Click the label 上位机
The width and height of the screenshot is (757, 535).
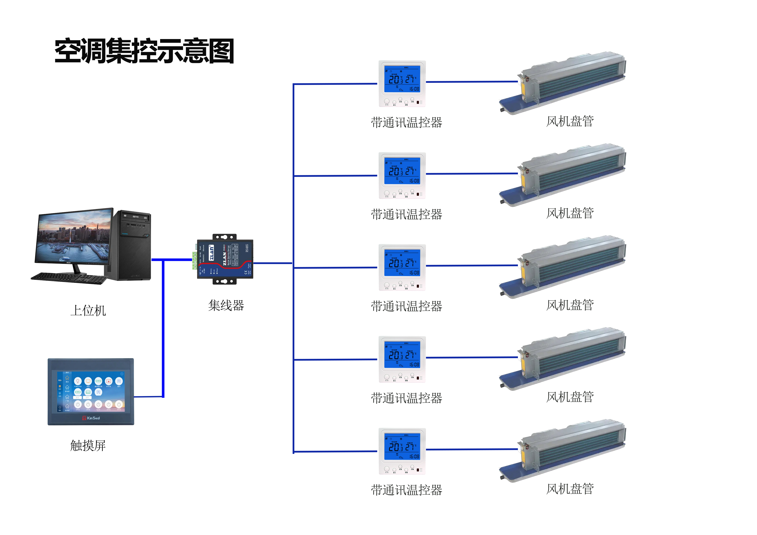point(88,310)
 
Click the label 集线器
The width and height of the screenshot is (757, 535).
point(226,305)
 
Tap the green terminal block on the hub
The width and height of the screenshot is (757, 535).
point(194,260)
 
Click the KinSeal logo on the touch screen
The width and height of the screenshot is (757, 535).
point(91,418)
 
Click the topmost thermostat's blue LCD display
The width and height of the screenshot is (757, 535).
point(402,79)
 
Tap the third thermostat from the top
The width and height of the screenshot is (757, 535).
point(402,267)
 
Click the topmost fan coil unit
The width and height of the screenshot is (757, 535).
point(564,82)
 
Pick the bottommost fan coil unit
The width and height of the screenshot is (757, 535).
point(564,450)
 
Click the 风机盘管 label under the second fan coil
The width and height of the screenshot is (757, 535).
point(570,213)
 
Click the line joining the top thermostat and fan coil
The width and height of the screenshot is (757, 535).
point(472,82)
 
